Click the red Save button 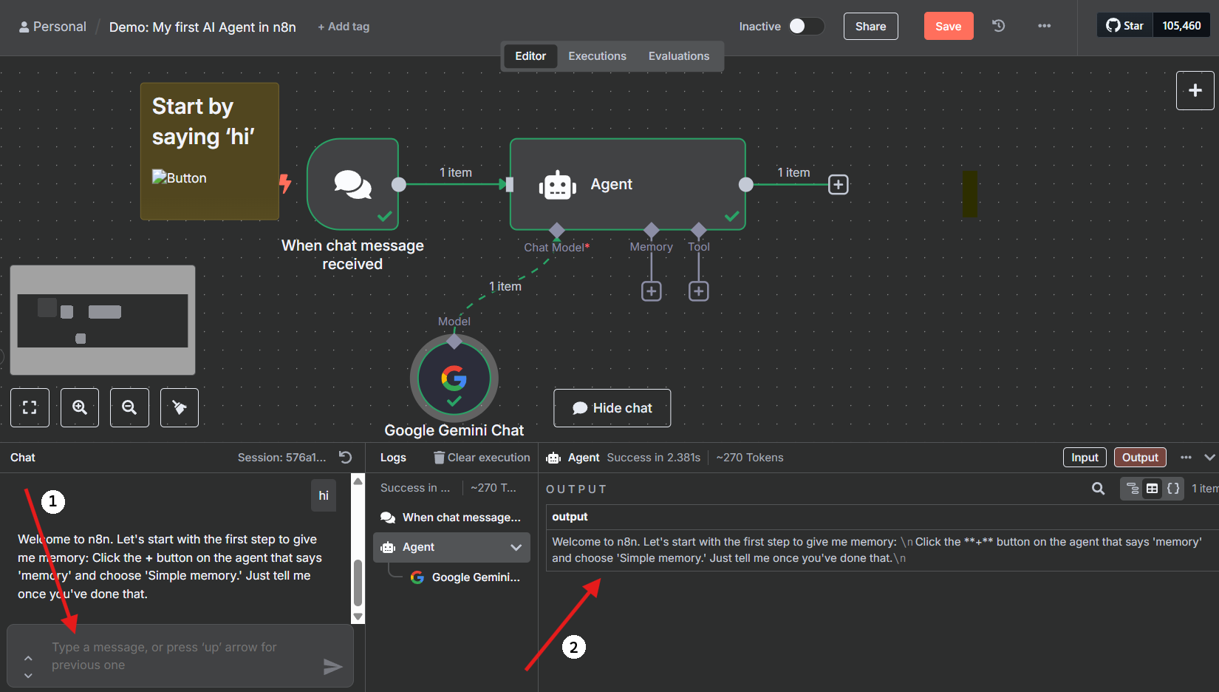(948, 27)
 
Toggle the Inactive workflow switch (805, 26)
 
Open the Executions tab (597, 56)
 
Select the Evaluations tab (678, 56)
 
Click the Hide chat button (612, 408)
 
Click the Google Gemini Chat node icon (454, 379)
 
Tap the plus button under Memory (651, 291)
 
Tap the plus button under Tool (698, 291)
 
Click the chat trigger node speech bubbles (352, 184)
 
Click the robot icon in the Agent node (557, 185)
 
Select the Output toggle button (1139, 458)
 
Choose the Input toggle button (1085, 458)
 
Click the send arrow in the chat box (332, 667)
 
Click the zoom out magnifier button (129, 407)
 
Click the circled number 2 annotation (573, 648)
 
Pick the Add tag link (344, 27)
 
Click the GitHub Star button (1124, 26)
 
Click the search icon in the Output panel (1098, 489)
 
